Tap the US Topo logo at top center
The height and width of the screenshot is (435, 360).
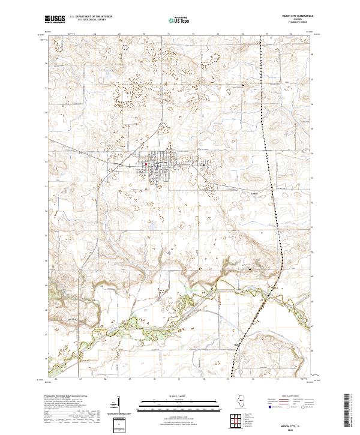coord(181,20)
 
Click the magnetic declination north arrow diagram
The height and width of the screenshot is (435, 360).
coord(118,404)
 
